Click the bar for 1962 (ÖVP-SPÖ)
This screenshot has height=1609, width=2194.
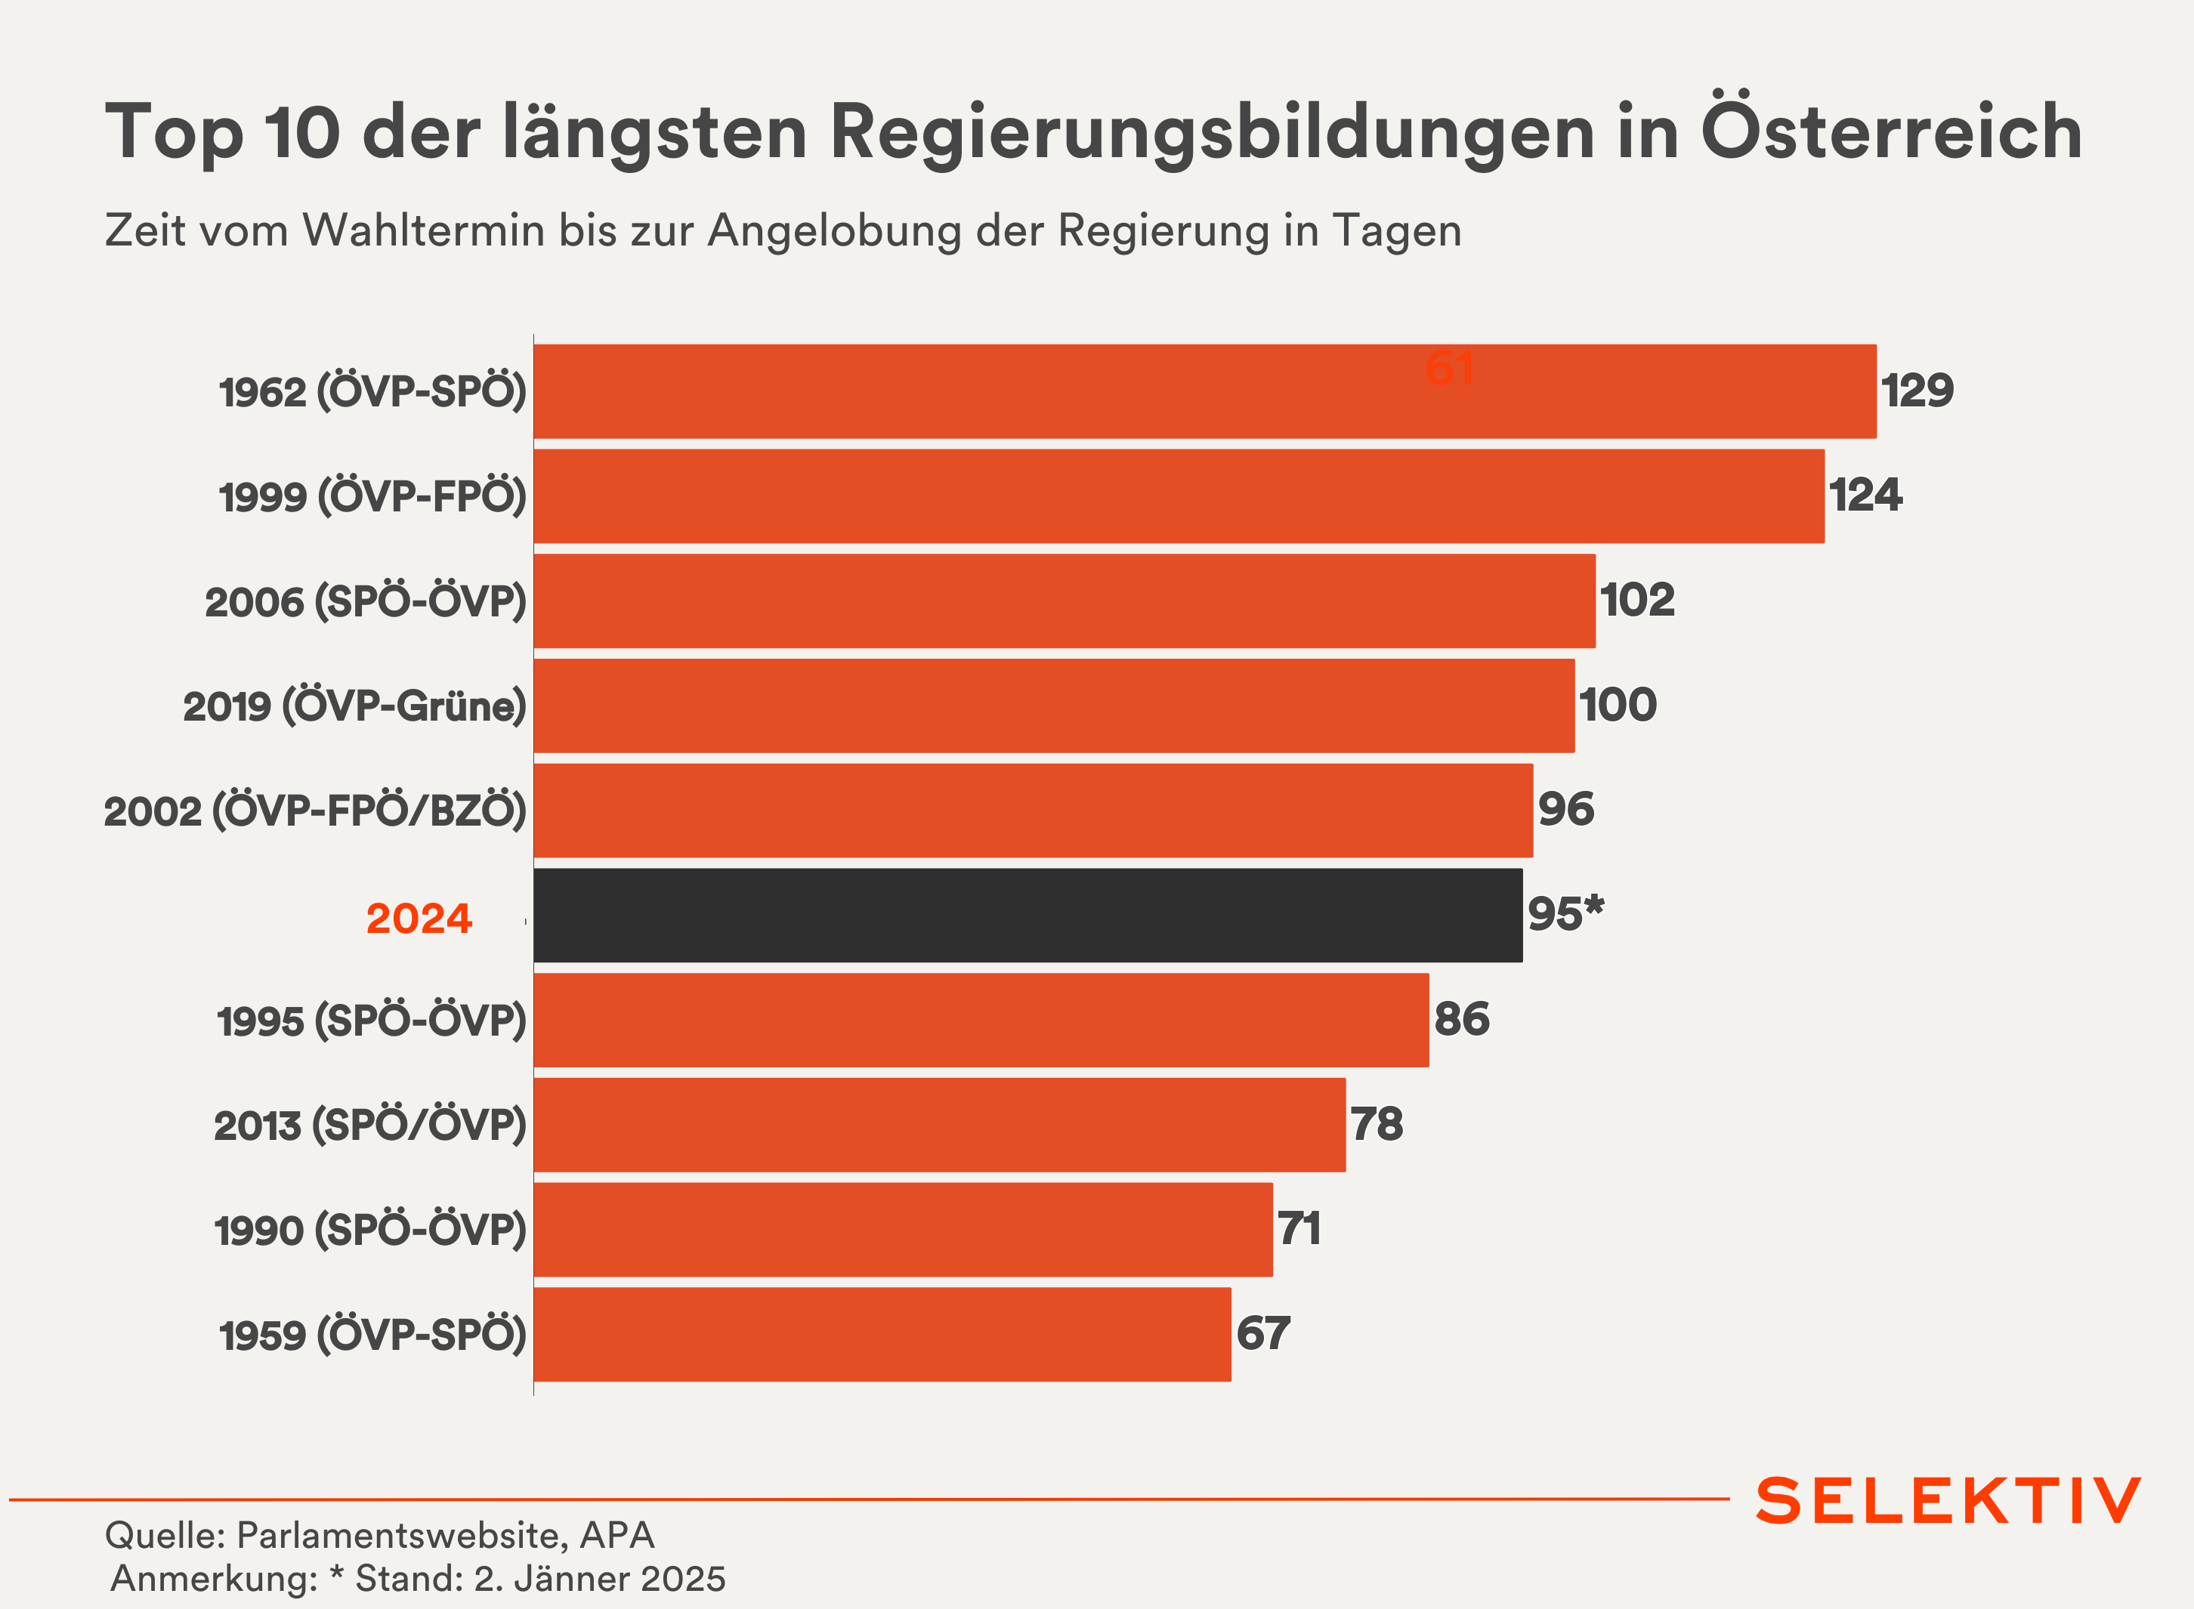coord(1204,391)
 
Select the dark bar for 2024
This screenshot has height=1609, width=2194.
coord(1027,916)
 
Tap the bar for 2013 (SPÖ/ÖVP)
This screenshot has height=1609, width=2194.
coord(939,1125)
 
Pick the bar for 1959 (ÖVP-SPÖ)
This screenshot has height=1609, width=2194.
coord(882,1334)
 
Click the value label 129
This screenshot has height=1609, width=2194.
coord(1916,391)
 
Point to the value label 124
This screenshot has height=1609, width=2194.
coord(1865,495)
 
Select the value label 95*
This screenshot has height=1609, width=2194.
coord(1565,913)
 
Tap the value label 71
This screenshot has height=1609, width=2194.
coord(1299,1228)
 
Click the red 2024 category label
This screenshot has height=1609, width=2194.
coord(419,919)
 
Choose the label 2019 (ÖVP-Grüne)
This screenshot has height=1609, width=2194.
coord(354,706)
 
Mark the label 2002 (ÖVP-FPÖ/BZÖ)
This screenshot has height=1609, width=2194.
coord(315,811)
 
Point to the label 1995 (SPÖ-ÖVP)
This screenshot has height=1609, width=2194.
coord(371,1021)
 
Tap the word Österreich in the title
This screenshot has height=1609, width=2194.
coord(1891,131)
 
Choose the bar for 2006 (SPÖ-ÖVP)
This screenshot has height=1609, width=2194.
coord(1064,601)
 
